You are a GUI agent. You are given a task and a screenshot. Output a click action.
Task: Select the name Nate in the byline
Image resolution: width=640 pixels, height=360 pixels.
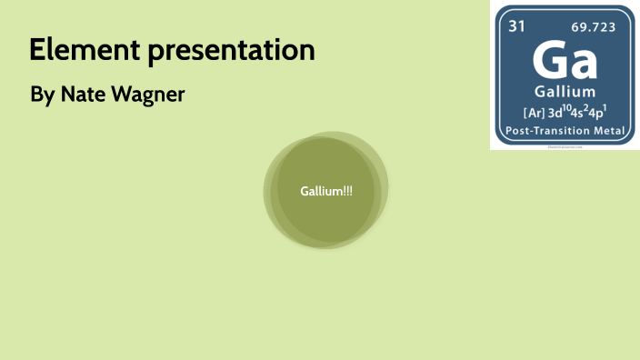pos(84,94)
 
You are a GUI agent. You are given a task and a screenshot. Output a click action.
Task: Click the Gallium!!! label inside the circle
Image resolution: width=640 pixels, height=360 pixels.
pos(326,191)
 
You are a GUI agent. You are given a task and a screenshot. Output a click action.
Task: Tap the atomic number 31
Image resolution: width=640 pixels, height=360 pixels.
pos(516,26)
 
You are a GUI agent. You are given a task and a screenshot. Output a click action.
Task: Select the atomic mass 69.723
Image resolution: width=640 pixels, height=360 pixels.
pos(593,27)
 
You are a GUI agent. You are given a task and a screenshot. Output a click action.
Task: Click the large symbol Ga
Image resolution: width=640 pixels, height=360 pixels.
pos(564,60)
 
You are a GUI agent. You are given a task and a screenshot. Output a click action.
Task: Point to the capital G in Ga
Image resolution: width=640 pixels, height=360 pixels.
pos(548,60)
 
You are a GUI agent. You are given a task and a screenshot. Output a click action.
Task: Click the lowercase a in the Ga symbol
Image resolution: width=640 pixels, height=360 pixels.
pos(584,64)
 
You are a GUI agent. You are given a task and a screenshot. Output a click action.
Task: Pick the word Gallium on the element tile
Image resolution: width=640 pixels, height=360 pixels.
pos(565,92)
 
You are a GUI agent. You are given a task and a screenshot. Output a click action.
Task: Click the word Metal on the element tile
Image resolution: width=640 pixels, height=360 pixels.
pos(609,132)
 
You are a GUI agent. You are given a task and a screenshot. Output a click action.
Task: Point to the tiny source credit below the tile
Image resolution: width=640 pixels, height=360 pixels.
pos(564,145)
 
